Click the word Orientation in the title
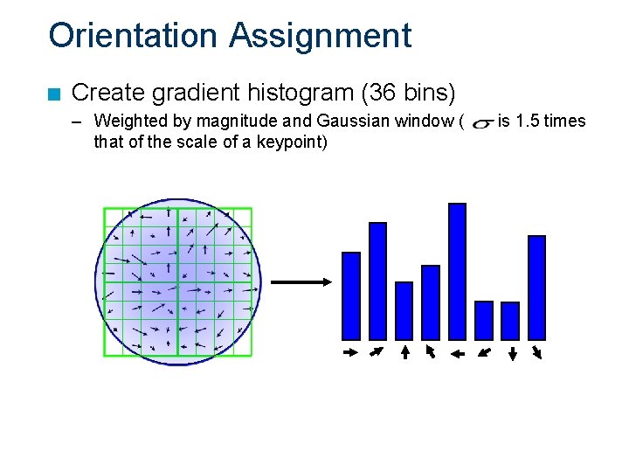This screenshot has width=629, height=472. (133, 36)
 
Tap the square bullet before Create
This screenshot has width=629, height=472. (55, 93)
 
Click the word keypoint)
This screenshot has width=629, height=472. (292, 141)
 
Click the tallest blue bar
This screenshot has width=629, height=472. (457, 271)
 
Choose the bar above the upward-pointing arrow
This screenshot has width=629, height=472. (404, 310)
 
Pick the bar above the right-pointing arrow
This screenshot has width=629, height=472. (351, 295)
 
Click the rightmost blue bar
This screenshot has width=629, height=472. (536, 287)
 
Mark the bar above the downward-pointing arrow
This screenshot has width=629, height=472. (510, 320)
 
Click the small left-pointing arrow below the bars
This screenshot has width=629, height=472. (456, 353)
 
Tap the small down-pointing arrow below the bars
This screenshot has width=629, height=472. (512, 353)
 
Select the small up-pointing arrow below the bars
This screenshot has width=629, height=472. (404, 352)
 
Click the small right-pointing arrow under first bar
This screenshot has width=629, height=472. (350, 353)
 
